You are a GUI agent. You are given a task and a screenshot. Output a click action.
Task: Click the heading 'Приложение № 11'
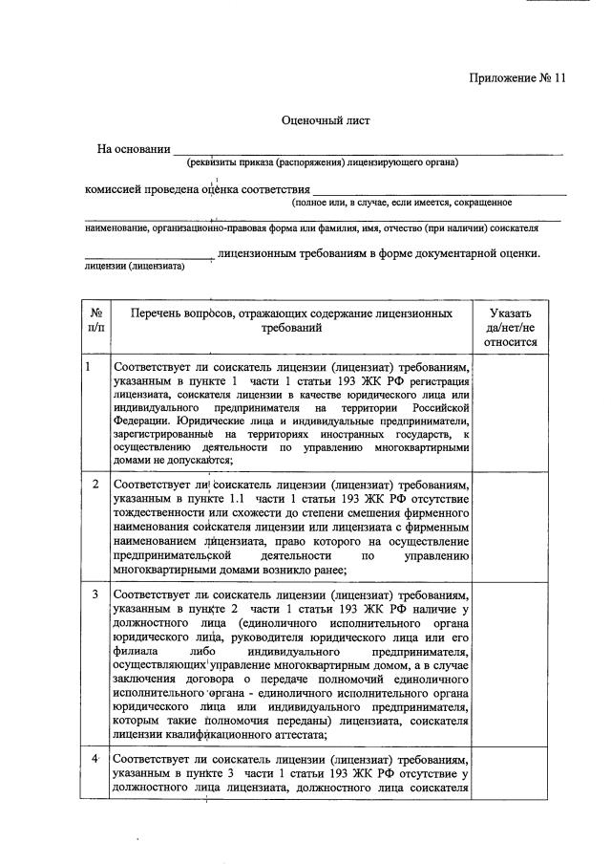point(516,79)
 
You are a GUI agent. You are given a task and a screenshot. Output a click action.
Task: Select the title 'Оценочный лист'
point(325,121)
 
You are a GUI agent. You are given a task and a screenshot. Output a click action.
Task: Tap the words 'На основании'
point(134,149)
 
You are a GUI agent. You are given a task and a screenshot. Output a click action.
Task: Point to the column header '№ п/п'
point(95,320)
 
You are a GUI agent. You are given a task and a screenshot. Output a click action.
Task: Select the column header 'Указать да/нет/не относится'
point(511,327)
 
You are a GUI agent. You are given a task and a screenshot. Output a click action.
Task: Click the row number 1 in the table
point(89,367)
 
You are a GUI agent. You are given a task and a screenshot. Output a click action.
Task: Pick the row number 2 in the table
point(95,483)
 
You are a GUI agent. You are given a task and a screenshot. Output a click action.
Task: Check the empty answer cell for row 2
point(511,526)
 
